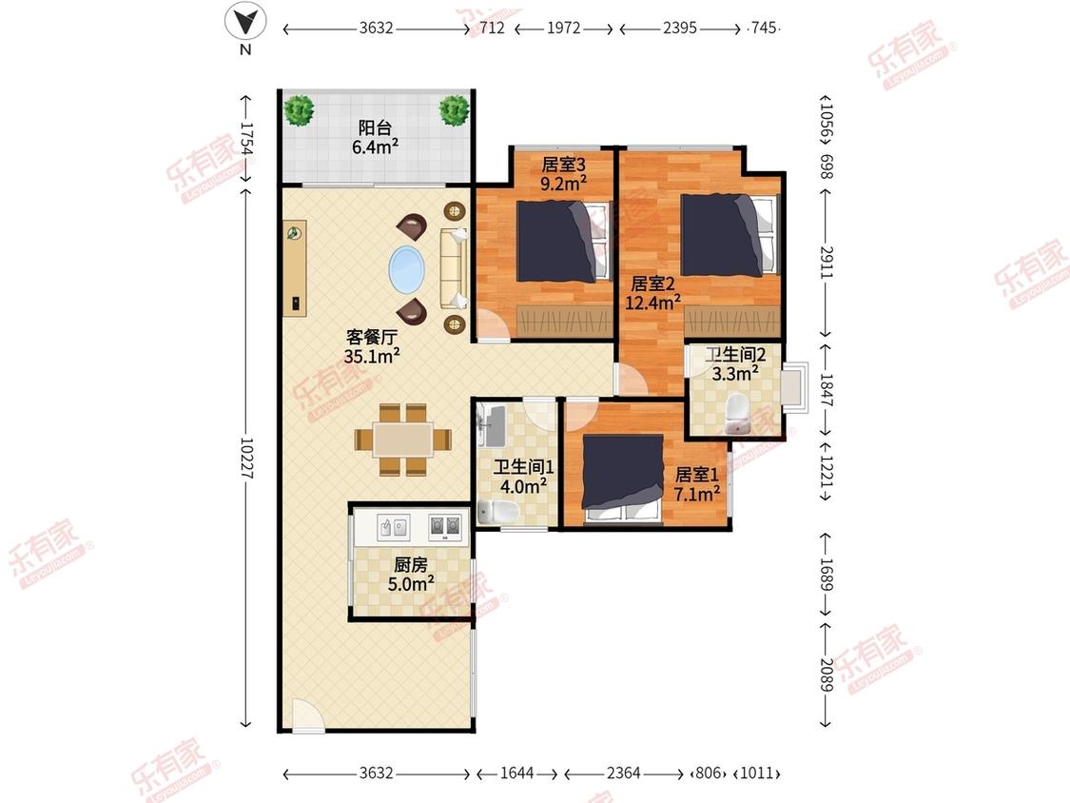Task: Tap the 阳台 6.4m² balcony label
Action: [376, 137]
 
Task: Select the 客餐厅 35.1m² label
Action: [372, 346]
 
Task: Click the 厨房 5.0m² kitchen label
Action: [411, 575]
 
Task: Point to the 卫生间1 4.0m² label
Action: [523, 477]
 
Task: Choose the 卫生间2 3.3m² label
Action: [735, 364]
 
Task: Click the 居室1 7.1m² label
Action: [697, 483]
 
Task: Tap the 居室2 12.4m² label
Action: [653, 293]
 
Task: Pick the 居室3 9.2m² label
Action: [564, 174]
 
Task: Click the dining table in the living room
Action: [403, 439]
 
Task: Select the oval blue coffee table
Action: [407, 268]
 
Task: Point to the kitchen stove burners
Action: [445, 526]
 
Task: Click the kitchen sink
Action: [394, 527]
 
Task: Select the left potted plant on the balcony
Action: [299, 109]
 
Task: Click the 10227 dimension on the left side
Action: [246, 459]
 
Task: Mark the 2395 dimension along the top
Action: [680, 28]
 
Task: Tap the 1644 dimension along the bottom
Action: [517, 773]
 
